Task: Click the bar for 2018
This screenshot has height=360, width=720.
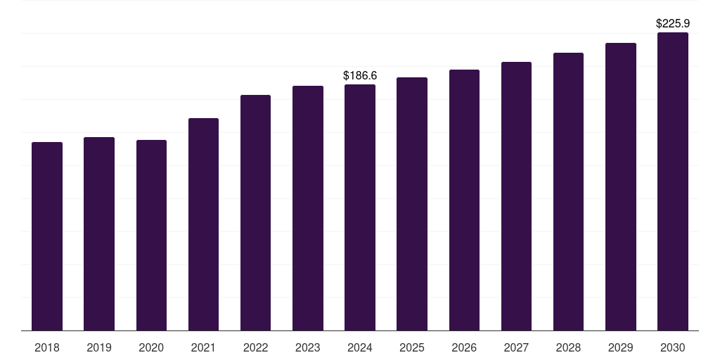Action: [x=47, y=236]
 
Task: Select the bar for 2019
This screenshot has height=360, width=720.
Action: [x=99, y=233]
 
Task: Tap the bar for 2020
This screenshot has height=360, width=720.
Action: [x=152, y=235]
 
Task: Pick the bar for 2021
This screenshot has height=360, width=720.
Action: [x=203, y=224]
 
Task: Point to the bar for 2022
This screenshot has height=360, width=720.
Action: [x=255, y=212]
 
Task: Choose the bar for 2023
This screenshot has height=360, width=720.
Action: [x=308, y=208]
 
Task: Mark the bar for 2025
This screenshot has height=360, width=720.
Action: [x=412, y=204]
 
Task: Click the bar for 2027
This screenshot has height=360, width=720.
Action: [x=516, y=196]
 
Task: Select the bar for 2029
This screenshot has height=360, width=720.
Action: [x=621, y=187]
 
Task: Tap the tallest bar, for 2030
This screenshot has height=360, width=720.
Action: [x=673, y=181]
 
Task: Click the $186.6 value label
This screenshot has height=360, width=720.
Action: [x=360, y=76]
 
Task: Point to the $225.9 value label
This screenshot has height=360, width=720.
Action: [x=673, y=23]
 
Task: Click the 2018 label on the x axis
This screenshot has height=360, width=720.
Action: [x=47, y=347]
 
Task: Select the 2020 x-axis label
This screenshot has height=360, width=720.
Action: [x=151, y=347]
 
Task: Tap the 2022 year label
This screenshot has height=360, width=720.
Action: [x=255, y=347]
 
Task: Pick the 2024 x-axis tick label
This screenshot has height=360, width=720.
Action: [x=360, y=347]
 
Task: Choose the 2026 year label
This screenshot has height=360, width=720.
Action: [x=464, y=347]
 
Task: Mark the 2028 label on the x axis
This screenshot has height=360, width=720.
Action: [x=568, y=347]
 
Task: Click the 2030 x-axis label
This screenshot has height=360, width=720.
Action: [x=673, y=347]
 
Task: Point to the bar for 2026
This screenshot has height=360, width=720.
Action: [x=464, y=200]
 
